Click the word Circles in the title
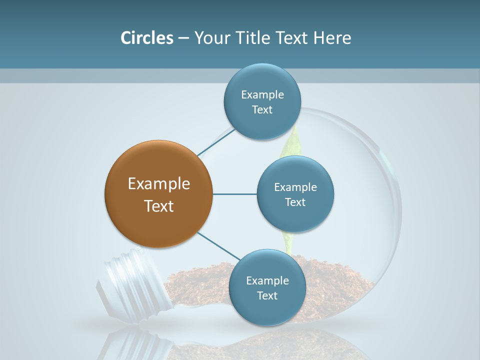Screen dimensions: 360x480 click(146, 38)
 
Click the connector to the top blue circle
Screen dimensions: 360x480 click(216, 142)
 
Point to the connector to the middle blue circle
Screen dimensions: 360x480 click(235, 194)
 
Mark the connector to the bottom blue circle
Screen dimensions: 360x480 click(218, 246)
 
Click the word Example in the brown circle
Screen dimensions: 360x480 click(159, 184)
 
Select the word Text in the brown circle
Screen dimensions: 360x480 click(159, 206)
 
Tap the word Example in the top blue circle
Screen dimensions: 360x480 click(262, 95)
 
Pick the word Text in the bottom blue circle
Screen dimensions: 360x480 click(267, 296)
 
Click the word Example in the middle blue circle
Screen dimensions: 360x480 click(295, 187)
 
